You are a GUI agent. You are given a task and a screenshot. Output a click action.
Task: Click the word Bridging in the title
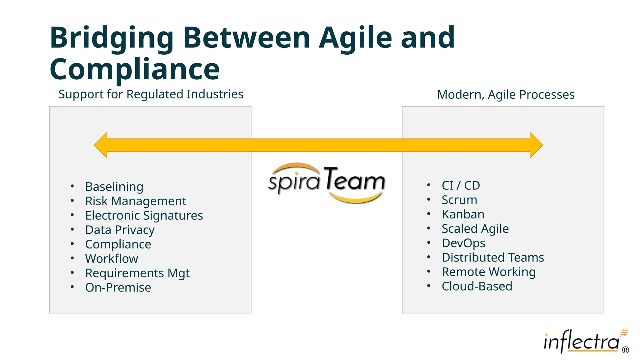click(x=111, y=38)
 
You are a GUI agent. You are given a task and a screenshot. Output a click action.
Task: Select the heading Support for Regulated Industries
click(x=151, y=94)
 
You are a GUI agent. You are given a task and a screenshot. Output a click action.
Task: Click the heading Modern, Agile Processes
click(x=506, y=94)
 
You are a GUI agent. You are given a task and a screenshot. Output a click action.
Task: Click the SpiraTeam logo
click(x=327, y=183)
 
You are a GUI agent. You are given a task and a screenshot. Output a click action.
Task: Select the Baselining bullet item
click(x=114, y=187)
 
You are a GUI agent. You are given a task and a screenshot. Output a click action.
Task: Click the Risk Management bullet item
click(x=136, y=201)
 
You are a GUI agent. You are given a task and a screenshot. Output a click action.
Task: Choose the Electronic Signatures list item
click(x=144, y=215)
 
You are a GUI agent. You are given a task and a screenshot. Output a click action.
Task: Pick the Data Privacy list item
click(x=120, y=230)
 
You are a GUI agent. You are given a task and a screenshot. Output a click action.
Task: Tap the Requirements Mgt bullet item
click(x=137, y=273)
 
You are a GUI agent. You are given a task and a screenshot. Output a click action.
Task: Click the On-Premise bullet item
click(x=118, y=287)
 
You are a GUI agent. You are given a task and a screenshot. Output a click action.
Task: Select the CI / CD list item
click(x=461, y=186)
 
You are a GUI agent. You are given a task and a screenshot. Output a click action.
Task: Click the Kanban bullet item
click(x=463, y=214)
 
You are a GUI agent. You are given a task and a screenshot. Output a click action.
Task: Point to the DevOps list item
click(x=463, y=243)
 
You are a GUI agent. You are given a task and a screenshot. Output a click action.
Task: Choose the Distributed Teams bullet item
click(x=493, y=257)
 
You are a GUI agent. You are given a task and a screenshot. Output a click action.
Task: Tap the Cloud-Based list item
click(x=477, y=286)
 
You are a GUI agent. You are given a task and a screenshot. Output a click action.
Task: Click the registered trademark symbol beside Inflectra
click(x=625, y=350)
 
